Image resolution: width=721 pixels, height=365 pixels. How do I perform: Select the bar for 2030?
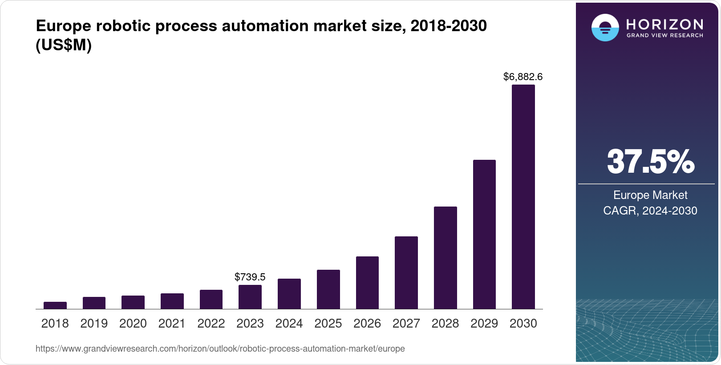pos(523,197)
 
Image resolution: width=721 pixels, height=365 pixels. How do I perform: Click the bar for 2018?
pos(55,305)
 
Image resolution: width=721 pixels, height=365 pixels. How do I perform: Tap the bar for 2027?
pos(406,272)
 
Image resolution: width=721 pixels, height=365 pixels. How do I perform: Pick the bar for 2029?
pos(484,234)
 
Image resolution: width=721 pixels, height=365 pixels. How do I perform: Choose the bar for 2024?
pos(289,294)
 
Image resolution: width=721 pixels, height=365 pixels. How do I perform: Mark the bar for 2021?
pos(172,301)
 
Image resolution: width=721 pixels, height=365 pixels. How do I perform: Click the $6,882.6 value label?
pos(523,77)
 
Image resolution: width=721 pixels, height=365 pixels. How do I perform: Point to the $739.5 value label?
pos(250,277)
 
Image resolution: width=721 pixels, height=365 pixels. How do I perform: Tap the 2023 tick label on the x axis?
pos(250,324)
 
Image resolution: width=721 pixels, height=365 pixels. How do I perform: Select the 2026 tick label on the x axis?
pos(367,324)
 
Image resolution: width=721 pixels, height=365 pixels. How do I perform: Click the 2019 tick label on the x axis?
pos(94,324)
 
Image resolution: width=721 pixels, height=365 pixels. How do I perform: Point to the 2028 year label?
pos(445,324)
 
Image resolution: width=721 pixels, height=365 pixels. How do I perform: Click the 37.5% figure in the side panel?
pos(650,162)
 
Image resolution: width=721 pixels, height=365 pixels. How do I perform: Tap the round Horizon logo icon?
pos(605,28)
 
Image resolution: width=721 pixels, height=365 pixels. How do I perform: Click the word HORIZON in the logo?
pos(664,24)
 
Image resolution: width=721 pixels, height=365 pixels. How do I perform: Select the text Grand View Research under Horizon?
pos(664,35)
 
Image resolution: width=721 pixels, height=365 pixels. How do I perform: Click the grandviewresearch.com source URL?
pos(220,349)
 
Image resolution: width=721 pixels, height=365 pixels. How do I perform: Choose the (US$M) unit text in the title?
pos(63,45)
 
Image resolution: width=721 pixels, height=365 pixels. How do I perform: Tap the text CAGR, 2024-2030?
pos(650,211)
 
